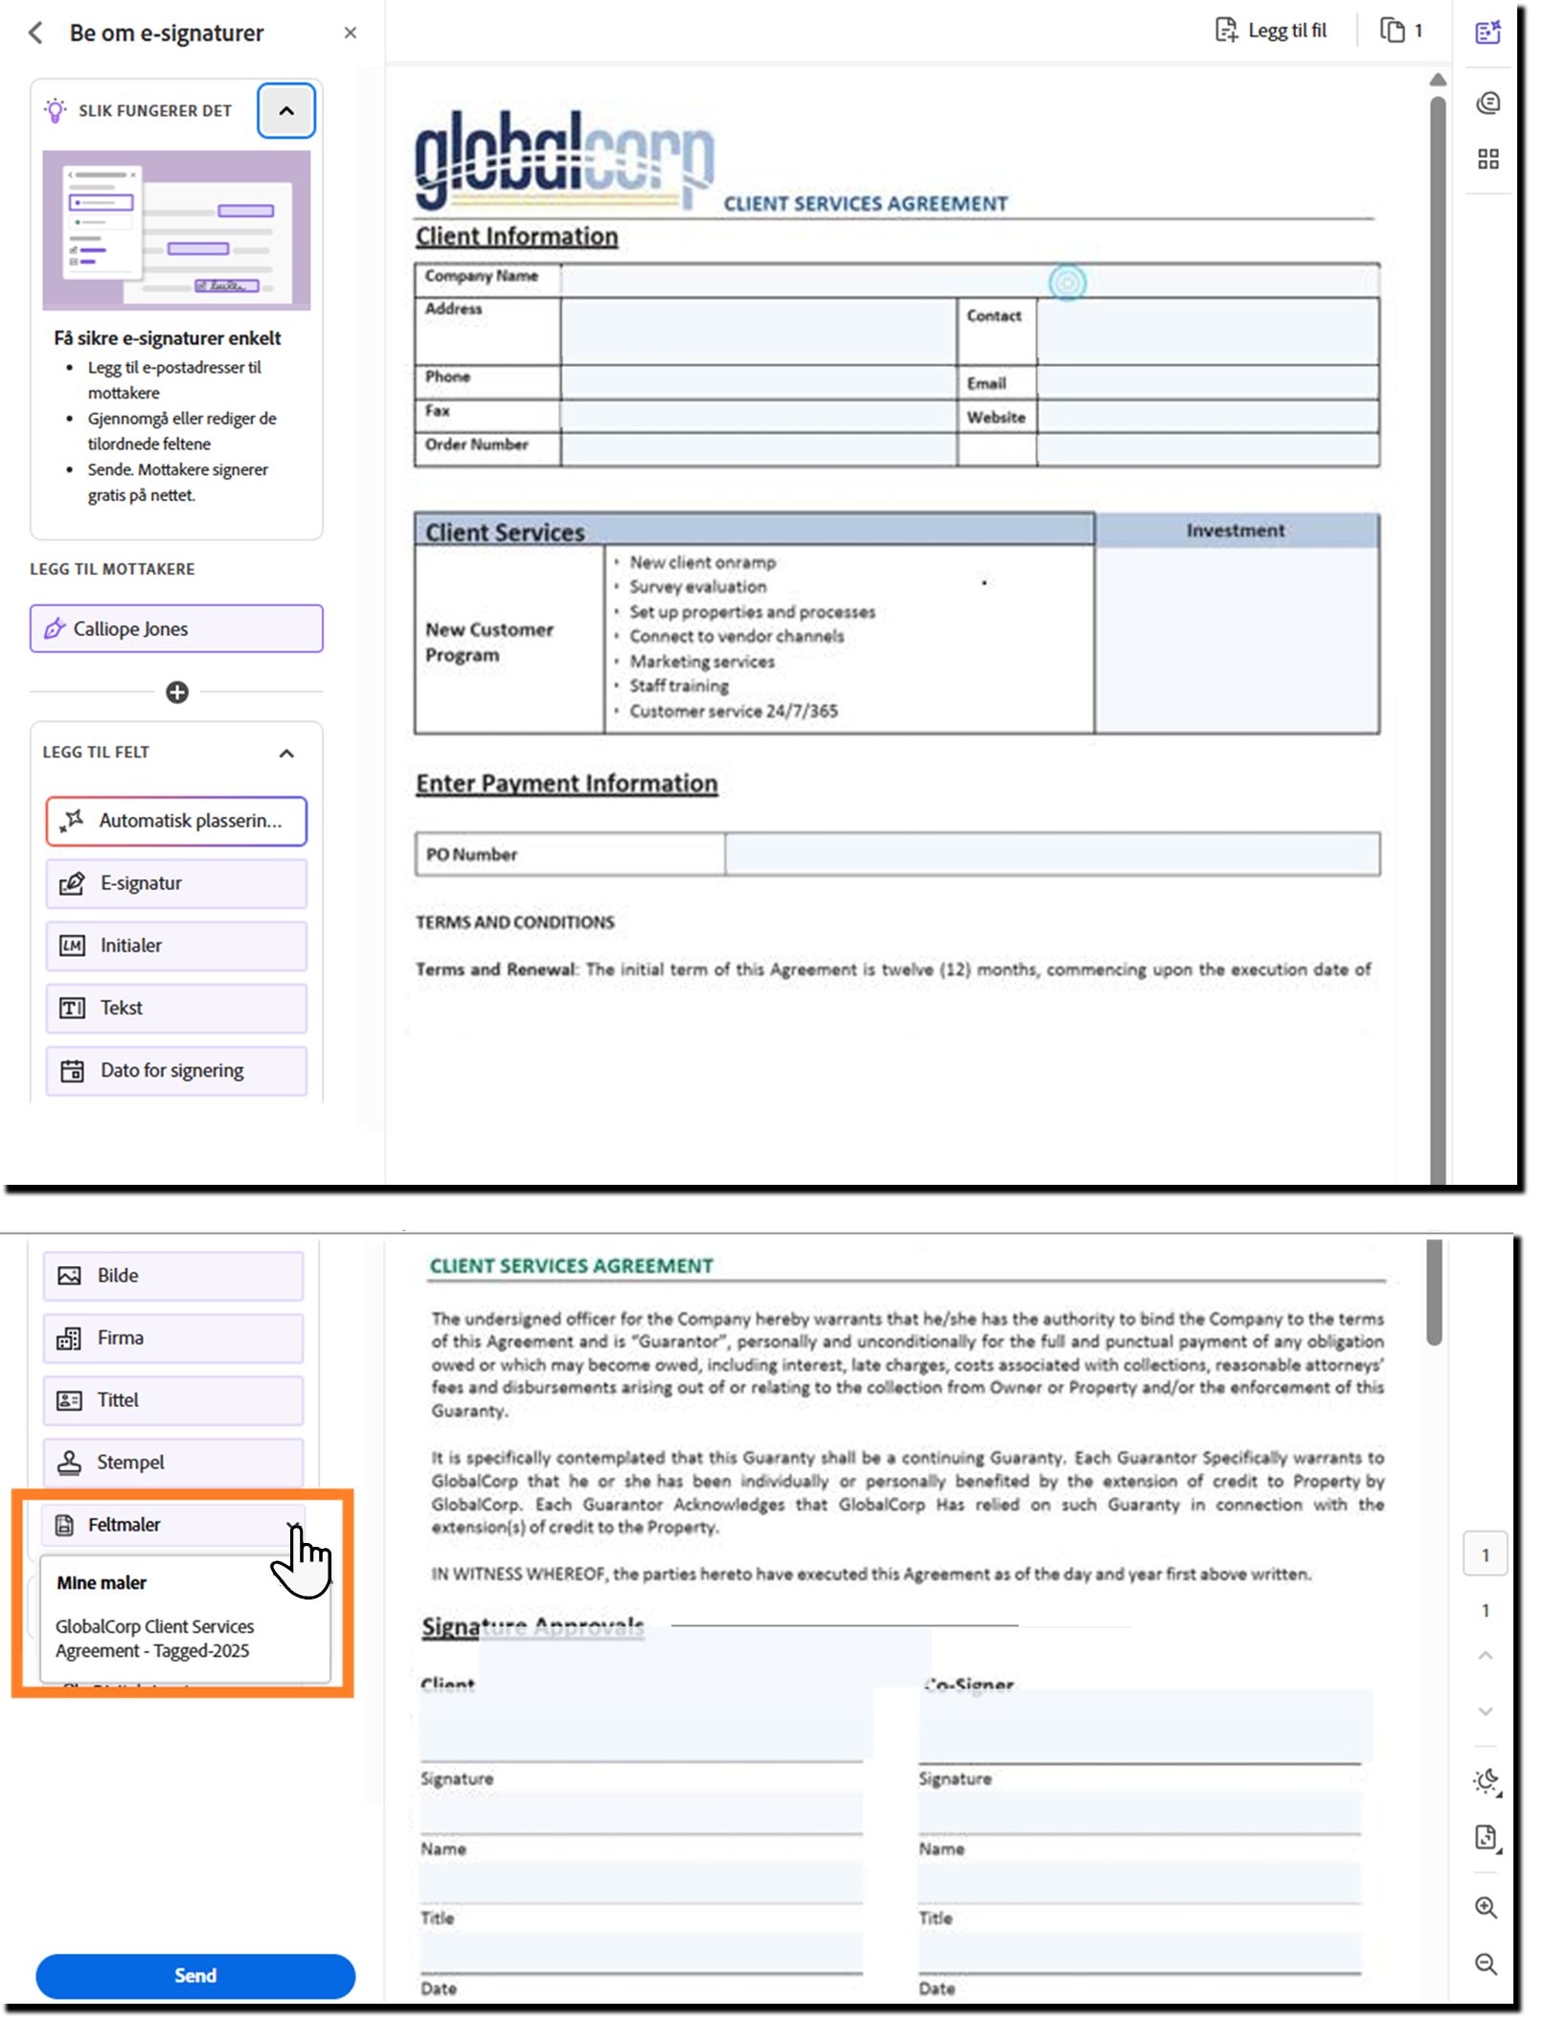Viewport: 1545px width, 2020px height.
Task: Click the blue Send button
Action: [194, 1975]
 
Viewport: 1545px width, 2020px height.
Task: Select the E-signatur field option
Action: [176, 883]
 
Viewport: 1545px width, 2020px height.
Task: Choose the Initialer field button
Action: [176, 945]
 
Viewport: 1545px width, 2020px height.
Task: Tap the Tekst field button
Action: [176, 1008]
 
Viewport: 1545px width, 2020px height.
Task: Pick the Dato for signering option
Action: [176, 1070]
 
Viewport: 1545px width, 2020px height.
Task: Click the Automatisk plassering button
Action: [176, 821]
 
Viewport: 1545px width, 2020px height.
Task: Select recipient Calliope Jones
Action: [176, 628]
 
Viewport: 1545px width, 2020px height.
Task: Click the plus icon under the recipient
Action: [177, 692]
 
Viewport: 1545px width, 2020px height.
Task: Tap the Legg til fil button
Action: [1271, 31]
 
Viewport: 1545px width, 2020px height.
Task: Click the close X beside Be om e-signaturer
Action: [351, 33]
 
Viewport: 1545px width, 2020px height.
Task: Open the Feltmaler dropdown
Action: [172, 1524]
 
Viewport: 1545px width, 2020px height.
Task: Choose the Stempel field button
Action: [172, 1462]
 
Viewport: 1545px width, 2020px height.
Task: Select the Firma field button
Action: [172, 1337]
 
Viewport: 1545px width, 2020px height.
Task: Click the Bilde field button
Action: [172, 1275]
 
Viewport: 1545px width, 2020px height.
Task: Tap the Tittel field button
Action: [172, 1399]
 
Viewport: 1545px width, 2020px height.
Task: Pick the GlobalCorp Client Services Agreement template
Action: [154, 1638]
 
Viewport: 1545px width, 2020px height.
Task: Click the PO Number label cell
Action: [569, 853]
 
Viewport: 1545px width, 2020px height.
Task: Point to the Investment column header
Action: [1236, 531]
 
